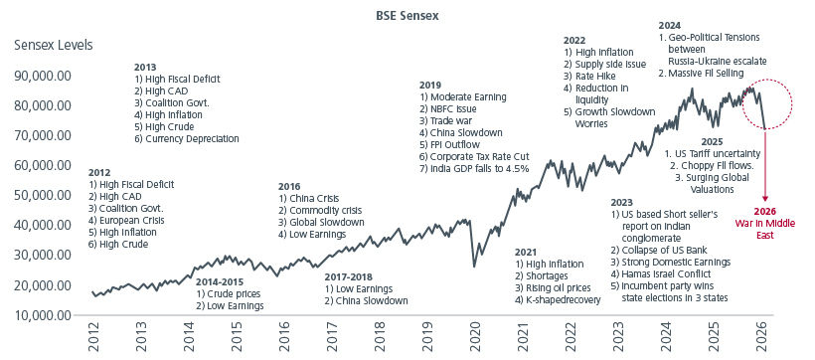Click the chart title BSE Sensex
pyautogui.click(x=407, y=17)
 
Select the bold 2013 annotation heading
pyautogui.click(x=146, y=66)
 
